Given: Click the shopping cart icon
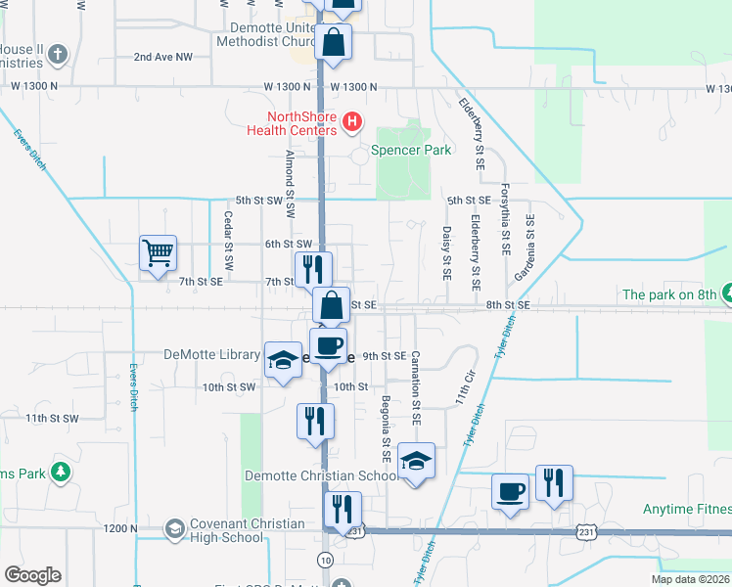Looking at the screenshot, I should tap(158, 253).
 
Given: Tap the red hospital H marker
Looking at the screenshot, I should tap(353, 123).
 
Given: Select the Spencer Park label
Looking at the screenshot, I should tap(410, 151).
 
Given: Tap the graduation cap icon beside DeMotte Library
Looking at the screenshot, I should tap(283, 360).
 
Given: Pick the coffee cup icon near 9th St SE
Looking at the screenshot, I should tap(330, 346).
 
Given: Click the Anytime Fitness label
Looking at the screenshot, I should tap(686, 509).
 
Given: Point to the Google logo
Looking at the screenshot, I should tap(32, 575).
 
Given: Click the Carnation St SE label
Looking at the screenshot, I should tap(415, 387).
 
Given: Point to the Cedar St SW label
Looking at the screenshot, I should tap(228, 241).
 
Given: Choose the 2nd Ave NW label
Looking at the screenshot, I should tap(163, 57).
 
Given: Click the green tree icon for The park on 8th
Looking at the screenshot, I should tap(726, 293).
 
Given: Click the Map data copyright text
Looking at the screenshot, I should tap(691, 579).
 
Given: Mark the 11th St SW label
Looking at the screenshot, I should tap(52, 418).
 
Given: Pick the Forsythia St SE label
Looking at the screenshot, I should tap(505, 220).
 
